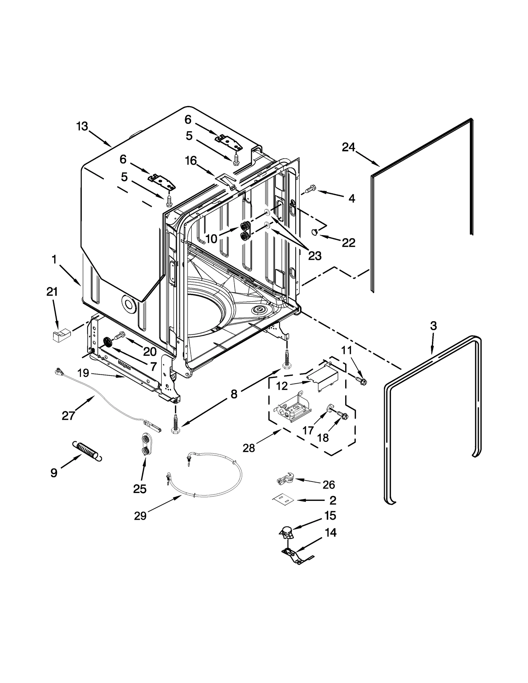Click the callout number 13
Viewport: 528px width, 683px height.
click(82, 126)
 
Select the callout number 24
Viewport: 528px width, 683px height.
click(348, 147)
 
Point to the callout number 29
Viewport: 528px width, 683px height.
click(140, 516)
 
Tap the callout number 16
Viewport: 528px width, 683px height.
click(191, 161)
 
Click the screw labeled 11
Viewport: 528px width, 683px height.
click(362, 381)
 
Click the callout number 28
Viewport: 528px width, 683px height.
click(249, 448)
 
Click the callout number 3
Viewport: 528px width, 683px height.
click(433, 326)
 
